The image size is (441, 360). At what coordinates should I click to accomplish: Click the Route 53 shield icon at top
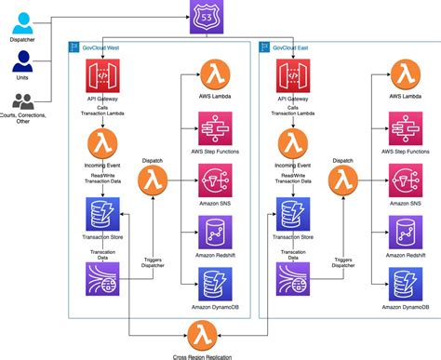coord(204,14)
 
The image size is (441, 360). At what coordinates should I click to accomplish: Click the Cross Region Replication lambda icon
coord(202,333)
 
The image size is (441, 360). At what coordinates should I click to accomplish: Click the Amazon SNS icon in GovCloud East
coord(404,178)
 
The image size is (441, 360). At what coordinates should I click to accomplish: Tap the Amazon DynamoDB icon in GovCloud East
coord(404,282)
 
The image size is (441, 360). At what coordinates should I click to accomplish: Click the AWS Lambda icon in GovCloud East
coord(404,74)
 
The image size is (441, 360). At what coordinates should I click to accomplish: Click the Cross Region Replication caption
coord(202,354)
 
